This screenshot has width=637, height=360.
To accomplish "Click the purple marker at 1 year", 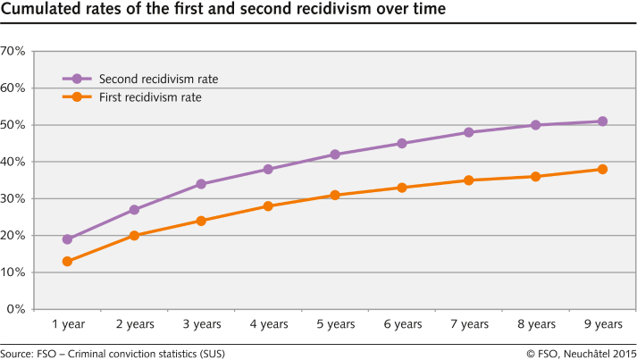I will point(67,239).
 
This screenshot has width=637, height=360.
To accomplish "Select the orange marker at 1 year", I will point(67,262).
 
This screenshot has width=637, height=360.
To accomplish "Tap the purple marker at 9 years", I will point(602,121).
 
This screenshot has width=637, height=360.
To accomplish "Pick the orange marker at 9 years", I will point(602,169).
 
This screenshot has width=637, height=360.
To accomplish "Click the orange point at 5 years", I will point(335,195).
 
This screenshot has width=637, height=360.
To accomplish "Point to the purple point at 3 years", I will point(201,184).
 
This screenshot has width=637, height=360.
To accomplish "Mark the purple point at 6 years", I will point(402,143).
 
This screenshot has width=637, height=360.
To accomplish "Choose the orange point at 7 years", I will point(469,180).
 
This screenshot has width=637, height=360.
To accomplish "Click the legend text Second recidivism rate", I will point(158,79).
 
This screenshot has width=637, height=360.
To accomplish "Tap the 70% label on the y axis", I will point(13,51).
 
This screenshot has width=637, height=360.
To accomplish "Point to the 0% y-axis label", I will point(16,309).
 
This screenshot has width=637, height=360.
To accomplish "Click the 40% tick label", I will point(13,162).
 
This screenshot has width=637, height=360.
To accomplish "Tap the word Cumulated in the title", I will point(37,10).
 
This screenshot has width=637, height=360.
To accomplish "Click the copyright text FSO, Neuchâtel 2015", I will point(580,354).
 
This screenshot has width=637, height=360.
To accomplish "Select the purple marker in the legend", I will point(77,79).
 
